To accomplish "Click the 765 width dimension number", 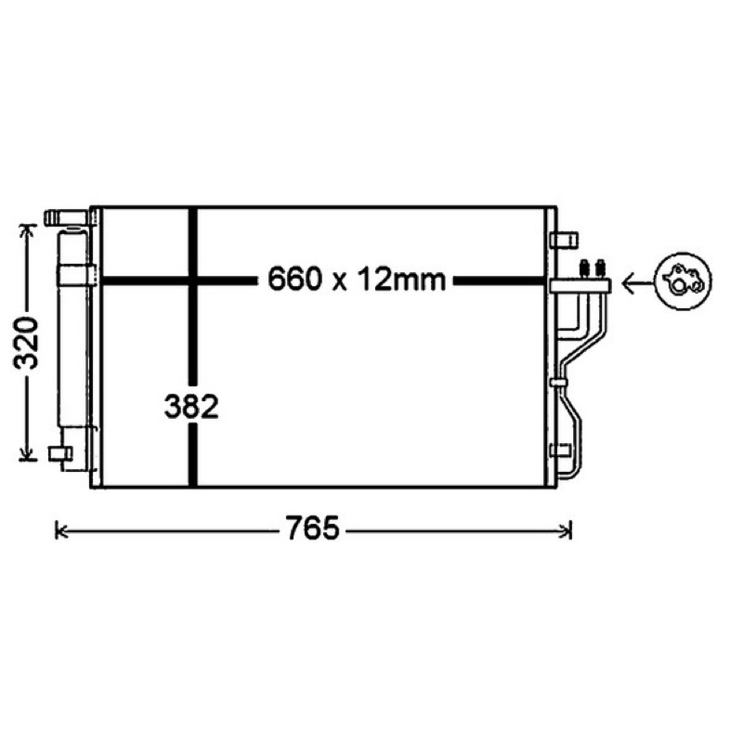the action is pos(312,528).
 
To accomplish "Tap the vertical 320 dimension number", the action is pos(26,343).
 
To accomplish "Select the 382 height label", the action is pos(191,406).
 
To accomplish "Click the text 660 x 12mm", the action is pos(357,279).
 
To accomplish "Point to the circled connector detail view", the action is pos(684,281).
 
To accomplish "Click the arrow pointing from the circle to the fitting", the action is pos(637,284).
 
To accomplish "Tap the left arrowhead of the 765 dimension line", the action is pos(60,530).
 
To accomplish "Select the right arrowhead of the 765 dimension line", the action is pos(567,530).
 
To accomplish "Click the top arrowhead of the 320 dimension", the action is pos(28,230).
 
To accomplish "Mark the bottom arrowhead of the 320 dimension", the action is pos(28,454).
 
